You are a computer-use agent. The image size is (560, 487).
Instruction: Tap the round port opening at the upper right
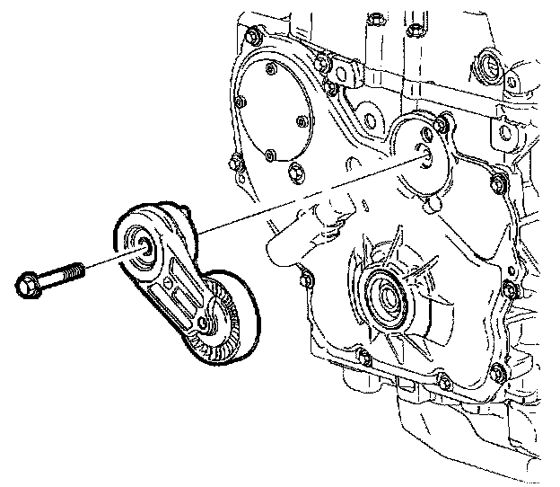click(491, 66)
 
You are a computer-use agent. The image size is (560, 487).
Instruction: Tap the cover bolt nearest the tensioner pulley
click(304, 280)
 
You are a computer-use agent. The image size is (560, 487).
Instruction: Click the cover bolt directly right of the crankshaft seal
click(508, 289)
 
